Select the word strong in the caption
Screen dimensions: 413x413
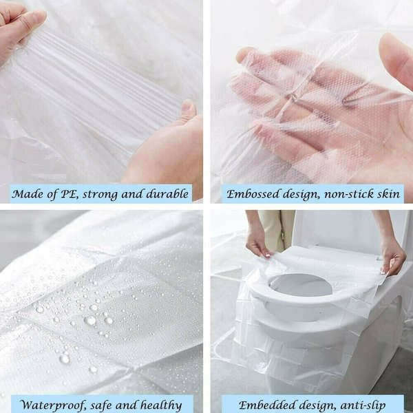[x=109, y=195]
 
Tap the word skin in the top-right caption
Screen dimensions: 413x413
[x=389, y=194]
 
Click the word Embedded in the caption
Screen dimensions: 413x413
[x=262, y=403]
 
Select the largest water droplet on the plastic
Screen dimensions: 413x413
[x=89, y=320]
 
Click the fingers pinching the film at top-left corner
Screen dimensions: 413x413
[x=21, y=28]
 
